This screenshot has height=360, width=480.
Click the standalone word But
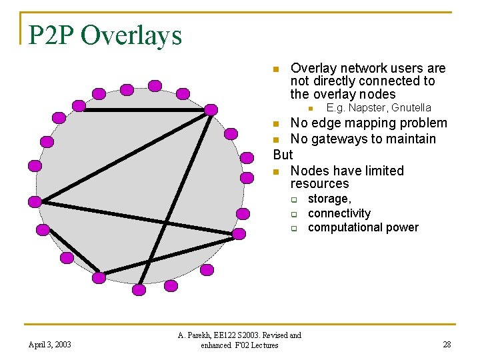click(x=283, y=155)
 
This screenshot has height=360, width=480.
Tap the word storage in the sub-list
click(x=329, y=199)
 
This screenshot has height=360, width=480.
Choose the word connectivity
click(x=339, y=213)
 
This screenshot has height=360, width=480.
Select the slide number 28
click(x=447, y=344)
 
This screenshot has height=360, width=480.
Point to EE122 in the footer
click(x=237, y=335)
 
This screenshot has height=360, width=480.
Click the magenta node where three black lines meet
click(x=211, y=110)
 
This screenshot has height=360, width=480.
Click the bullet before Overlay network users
click(x=277, y=69)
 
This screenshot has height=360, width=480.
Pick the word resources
click(x=319, y=183)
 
